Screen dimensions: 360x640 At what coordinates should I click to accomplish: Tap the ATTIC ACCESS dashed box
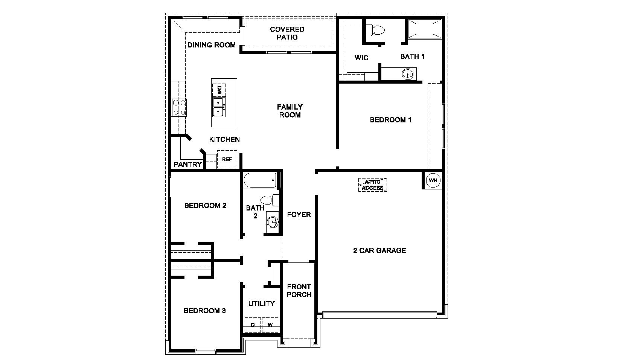tap(373, 185)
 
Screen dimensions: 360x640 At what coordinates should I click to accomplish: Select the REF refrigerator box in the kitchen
tap(227, 159)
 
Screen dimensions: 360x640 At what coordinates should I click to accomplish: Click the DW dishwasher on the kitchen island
tap(219, 90)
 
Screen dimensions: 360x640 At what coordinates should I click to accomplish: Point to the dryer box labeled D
tap(253, 325)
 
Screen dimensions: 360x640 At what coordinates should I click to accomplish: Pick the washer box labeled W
tap(270, 325)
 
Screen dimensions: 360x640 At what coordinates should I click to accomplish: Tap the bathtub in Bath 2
tap(260, 180)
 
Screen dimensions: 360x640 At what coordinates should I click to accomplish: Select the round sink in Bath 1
tap(407, 74)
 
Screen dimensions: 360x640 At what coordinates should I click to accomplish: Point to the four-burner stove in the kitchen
tap(179, 107)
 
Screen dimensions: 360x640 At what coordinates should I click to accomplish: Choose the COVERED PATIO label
tap(287, 33)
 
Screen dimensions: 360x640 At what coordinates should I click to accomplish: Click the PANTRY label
tap(187, 165)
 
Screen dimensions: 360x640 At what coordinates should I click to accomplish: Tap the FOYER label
tap(299, 215)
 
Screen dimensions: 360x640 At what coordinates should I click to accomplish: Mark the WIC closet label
tap(361, 58)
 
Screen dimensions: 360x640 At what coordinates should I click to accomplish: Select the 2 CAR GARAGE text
tap(379, 250)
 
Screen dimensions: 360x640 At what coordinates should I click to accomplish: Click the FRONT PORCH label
tap(299, 291)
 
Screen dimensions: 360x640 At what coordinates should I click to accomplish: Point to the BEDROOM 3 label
tap(204, 311)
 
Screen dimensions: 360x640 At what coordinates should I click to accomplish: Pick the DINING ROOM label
tap(212, 45)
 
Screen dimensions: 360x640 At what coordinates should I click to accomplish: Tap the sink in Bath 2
tap(272, 223)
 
